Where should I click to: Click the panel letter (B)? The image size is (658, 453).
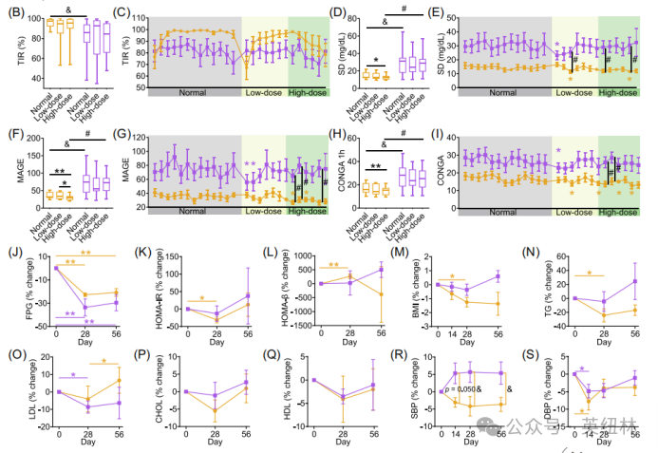tap(14, 12)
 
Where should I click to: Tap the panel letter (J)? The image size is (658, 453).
tap(12, 254)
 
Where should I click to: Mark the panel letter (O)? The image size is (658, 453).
tap(12, 356)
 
